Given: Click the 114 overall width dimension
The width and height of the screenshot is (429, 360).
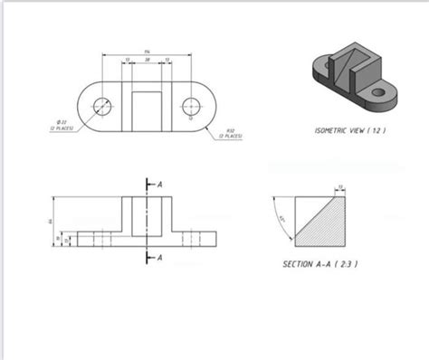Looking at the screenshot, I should (147, 52).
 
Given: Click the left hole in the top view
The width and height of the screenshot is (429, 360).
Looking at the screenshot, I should (103, 106).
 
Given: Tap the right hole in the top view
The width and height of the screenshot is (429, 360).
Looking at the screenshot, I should (190, 106).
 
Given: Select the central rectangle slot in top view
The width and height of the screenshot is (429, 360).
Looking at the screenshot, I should (147, 108).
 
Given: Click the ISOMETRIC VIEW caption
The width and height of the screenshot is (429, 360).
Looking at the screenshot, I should (350, 129).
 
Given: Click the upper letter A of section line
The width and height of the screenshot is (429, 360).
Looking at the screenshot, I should (159, 182).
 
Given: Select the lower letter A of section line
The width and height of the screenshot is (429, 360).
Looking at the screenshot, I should (159, 258).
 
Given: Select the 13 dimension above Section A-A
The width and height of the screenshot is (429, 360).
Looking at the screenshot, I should (340, 186).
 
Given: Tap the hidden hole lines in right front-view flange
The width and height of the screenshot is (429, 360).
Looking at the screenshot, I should (190, 239).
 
